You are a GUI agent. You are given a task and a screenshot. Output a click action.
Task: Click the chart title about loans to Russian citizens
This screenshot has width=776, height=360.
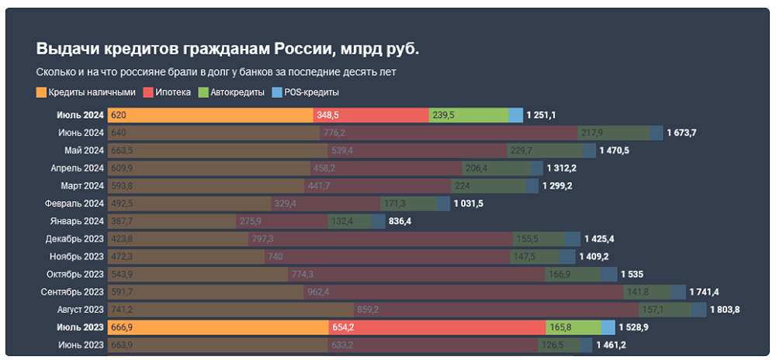click(227, 49)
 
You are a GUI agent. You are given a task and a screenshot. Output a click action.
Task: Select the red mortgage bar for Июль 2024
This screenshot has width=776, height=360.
click(371, 115)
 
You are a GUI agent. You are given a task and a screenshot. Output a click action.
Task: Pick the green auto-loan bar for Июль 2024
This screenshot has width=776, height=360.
click(469, 115)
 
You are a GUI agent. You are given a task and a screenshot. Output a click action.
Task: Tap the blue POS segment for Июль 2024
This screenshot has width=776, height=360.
click(516, 115)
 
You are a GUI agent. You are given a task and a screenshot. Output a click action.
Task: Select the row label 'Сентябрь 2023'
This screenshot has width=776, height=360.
click(72, 292)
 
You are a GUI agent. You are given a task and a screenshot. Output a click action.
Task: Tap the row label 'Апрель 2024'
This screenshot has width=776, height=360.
click(77, 168)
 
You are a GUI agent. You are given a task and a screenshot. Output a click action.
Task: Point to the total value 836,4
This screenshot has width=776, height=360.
click(400, 221)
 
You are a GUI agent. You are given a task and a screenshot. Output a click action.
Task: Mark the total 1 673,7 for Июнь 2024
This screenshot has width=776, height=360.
click(683, 133)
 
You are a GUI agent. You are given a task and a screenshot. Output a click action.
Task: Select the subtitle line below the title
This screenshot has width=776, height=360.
click(216, 72)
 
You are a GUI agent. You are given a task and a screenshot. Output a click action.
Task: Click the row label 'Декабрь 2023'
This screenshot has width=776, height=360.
click(74, 239)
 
